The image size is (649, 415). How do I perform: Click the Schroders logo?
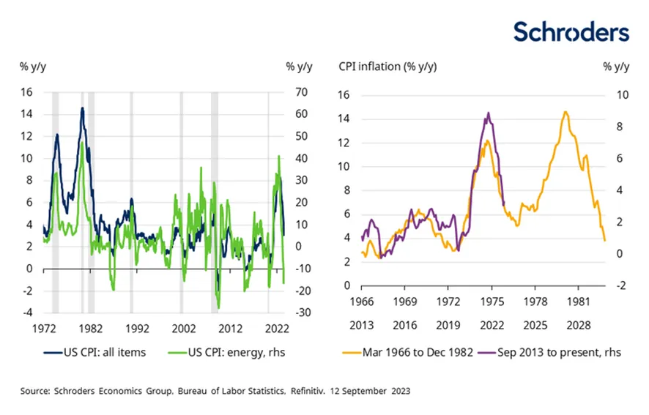click(x=571, y=31)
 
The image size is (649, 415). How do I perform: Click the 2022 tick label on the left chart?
click(x=276, y=329)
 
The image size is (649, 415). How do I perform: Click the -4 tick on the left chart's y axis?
click(x=29, y=313)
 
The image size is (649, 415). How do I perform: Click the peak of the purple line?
click(x=489, y=113)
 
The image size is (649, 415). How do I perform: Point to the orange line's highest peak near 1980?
click(x=565, y=112)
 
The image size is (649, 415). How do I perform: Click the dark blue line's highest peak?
click(x=82, y=108)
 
